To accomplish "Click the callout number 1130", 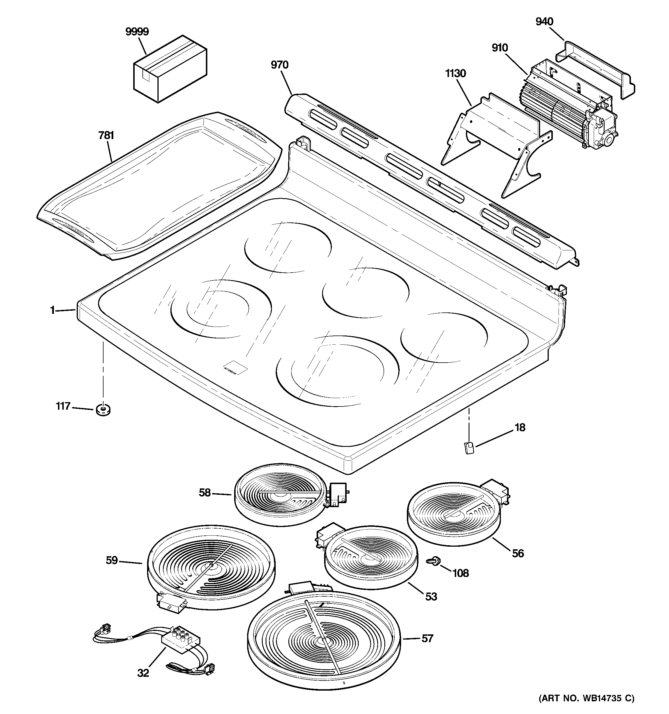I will point(455,74).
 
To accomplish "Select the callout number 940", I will point(544,22).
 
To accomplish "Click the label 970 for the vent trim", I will point(279,65).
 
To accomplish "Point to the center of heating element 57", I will point(323,642).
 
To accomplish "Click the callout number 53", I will point(431,596).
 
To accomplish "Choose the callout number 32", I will point(143,673).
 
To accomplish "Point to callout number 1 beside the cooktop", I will point(52,310).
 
